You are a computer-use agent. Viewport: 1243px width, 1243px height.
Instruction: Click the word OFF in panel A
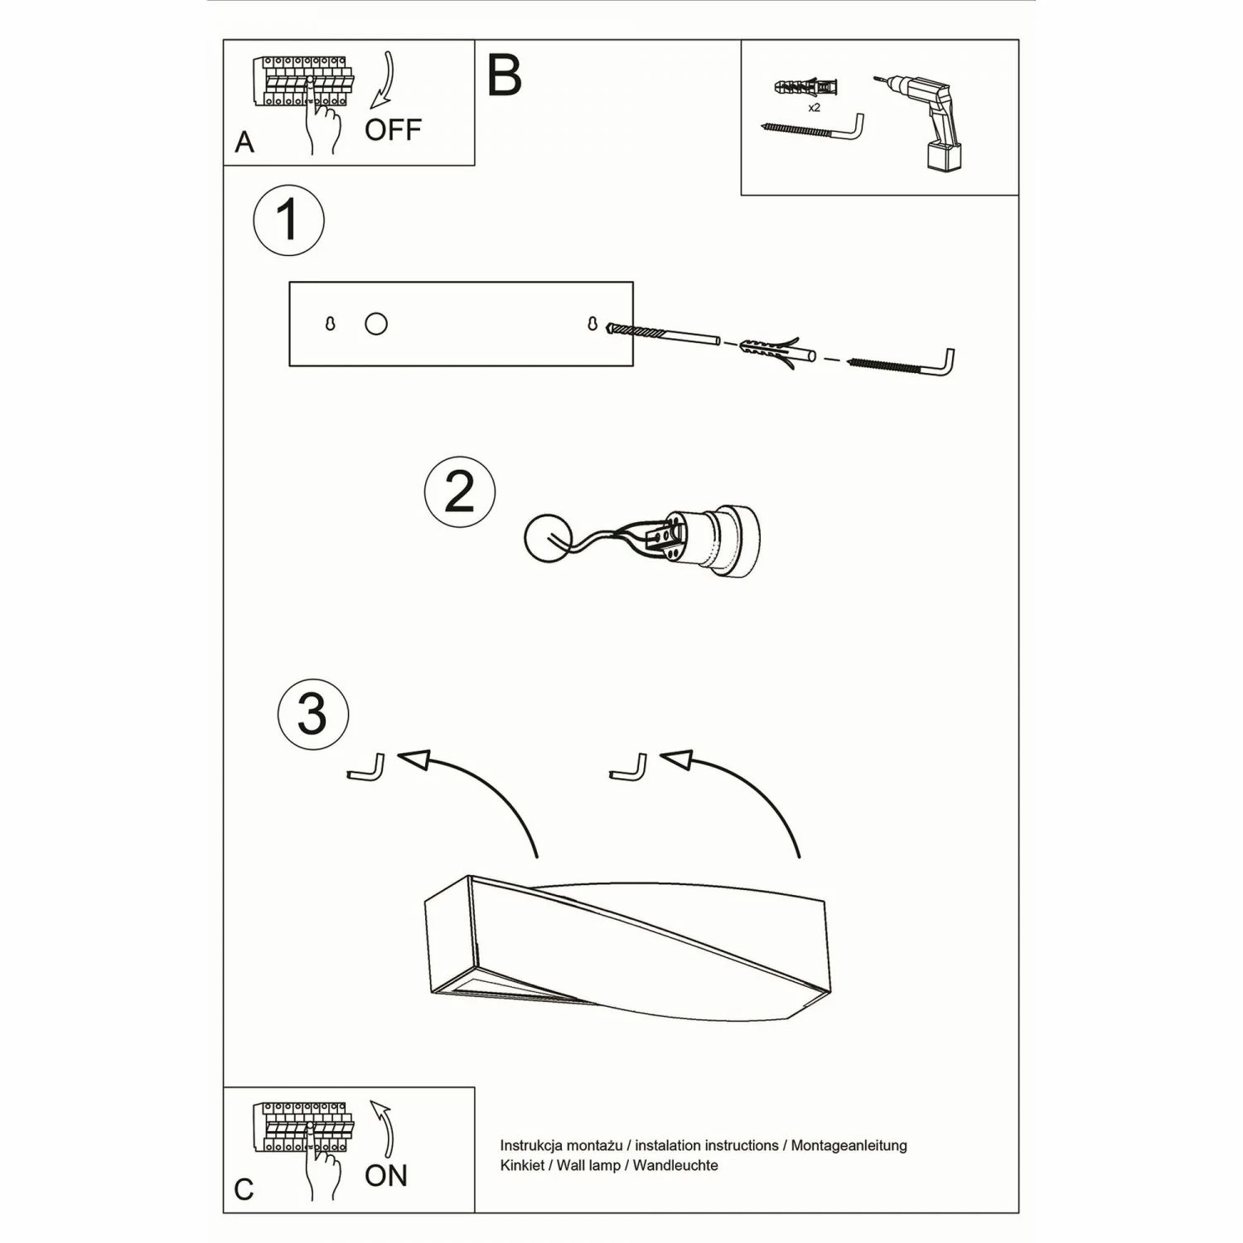[x=393, y=130]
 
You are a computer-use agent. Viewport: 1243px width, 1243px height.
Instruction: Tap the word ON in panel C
[x=386, y=1175]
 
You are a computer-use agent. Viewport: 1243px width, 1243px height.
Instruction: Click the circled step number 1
[x=288, y=220]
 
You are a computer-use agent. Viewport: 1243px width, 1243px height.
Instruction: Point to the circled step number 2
[x=459, y=491]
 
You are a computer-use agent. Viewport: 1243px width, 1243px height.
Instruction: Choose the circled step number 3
[x=312, y=713]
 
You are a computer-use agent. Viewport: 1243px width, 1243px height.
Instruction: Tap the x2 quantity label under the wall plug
[x=814, y=108]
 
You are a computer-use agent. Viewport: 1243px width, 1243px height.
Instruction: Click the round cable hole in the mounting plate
[x=376, y=324]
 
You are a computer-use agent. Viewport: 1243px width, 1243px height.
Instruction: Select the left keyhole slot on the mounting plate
[x=330, y=324]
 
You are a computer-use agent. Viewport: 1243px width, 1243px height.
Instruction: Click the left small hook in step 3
[x=367, y=768]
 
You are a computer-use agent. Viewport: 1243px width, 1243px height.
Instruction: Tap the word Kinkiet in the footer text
[x=523, y=1165]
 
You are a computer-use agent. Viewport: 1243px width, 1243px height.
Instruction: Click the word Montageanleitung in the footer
[x=849, y=1145]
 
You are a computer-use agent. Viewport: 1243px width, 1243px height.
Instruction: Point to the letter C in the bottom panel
[x=244, y=1190]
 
